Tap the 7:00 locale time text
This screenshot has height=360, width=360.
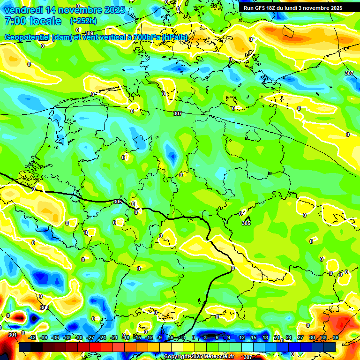(x=32, y=21)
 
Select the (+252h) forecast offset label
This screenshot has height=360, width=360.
(x=83, y=21)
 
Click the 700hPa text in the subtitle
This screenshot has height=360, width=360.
(x=147, y=37)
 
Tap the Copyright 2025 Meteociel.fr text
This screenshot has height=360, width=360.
(x=199, y=357)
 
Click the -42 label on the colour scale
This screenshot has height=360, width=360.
(x=32, y=337)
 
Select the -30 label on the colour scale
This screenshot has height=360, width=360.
(x=79, y=337)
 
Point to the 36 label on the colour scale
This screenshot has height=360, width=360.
(x=335, y=337)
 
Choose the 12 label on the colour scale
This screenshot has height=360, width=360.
(x=241, y=337)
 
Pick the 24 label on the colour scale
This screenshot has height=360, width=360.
(x=288, y=337)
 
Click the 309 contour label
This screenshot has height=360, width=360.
(x=89, y=33)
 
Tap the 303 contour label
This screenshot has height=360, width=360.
(x=44, y=307)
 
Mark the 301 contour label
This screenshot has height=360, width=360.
(x=13, y=335)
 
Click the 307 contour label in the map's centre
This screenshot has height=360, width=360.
(x=177, y=114)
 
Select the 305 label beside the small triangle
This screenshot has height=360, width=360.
(x=246, y=223)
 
